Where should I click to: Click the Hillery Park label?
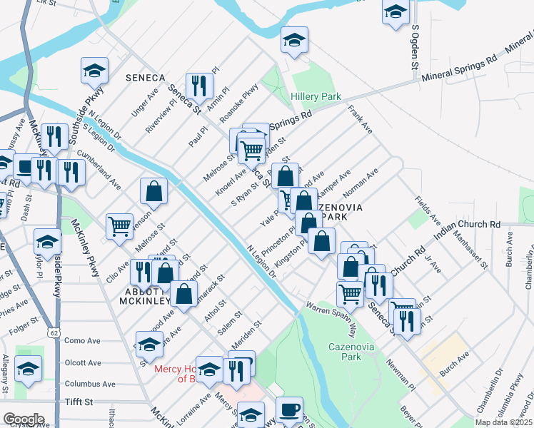[316, 96]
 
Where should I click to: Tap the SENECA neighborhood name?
[145, 77]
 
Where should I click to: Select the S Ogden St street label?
[414, 47]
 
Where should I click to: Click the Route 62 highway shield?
[55, 332]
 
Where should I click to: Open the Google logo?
[24, 419]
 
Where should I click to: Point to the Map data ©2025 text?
[503, 422]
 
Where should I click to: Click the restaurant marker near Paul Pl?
[199, 86]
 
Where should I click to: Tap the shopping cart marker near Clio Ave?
[119, 226]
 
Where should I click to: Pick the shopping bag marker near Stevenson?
[153, 191]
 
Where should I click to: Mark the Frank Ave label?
[361, 120]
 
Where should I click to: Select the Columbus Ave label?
[89, 383]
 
